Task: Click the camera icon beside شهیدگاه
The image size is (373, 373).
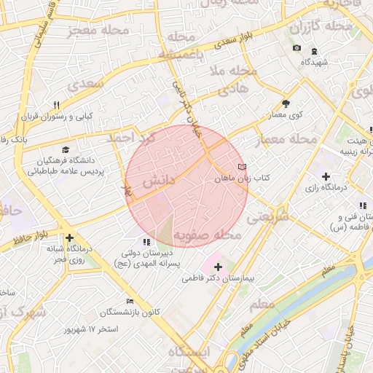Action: (297, 48)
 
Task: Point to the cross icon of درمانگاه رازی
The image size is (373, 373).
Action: (326, 176)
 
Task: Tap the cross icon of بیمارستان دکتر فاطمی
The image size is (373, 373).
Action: (218, 267)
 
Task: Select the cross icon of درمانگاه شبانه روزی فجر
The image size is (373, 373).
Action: (69, 237)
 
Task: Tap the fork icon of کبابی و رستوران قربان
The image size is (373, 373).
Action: (58, 106)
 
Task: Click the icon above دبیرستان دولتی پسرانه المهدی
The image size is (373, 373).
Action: (147, 242)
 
